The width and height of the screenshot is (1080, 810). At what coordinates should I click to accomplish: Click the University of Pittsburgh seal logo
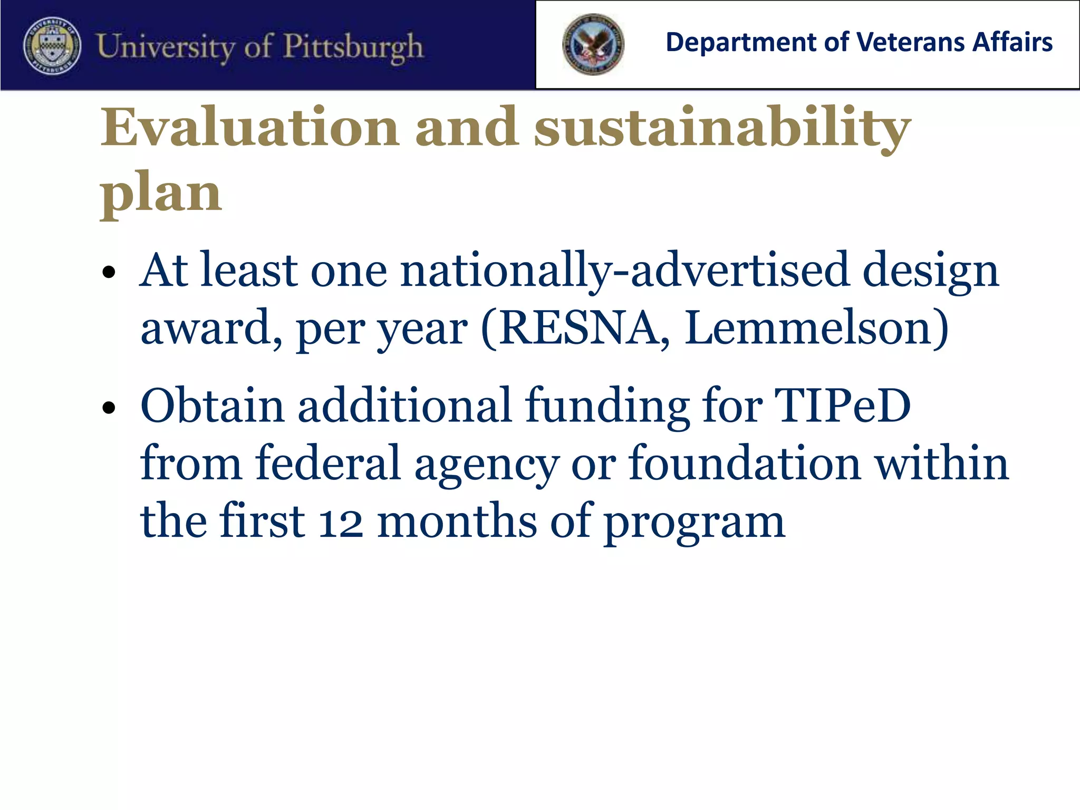point(52,46)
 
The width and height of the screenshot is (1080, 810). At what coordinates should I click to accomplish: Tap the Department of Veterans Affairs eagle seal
point(593,44)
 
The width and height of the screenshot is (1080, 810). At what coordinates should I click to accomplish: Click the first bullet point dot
point(109,273)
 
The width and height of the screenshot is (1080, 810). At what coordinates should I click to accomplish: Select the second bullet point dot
point(109,408)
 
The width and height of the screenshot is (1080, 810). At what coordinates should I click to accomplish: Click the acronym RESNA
point(576,328)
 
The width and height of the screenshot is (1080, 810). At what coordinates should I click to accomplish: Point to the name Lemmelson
point(809,328)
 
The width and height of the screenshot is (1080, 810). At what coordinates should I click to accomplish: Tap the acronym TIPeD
point(842,406)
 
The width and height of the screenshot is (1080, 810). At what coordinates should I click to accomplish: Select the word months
point(457,521)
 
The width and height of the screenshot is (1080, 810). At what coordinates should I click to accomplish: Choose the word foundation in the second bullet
point(745,463)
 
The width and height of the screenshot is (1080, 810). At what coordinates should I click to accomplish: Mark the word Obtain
point(212,406)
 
